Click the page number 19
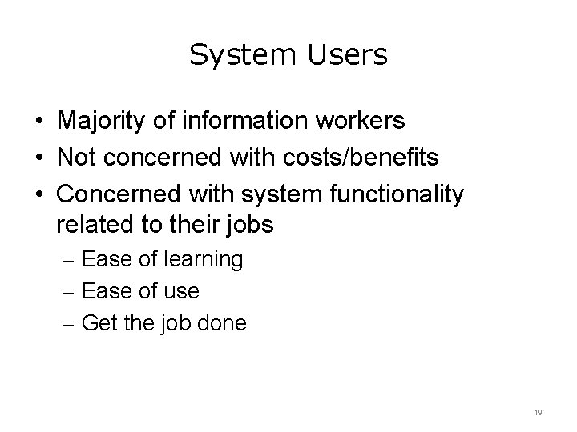(539, 412)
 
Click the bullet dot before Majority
(38, 122)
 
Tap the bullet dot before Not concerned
(38, 158)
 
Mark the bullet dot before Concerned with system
(38, 194)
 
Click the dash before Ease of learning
(69, 261)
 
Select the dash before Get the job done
(69, 325)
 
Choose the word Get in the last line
(99, 324)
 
